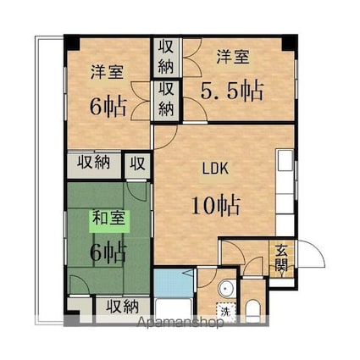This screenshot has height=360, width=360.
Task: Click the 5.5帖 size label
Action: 232,91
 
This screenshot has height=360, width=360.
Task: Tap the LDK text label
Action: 215,169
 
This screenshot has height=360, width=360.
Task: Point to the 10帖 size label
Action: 216,205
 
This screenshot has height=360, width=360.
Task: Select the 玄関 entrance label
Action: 281,258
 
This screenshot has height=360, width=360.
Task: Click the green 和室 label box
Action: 109,221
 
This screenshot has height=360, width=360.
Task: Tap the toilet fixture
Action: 253,311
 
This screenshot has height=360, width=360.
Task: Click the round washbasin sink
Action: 226,289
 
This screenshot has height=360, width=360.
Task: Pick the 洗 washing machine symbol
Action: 226,313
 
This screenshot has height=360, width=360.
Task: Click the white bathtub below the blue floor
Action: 174,310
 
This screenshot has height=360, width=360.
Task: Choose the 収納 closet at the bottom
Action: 122,306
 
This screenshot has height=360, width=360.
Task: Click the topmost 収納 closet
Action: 166,57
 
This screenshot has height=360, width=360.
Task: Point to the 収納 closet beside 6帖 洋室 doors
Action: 166,100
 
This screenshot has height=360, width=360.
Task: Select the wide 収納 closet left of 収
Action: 94,164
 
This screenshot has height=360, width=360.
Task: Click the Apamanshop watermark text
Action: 180,322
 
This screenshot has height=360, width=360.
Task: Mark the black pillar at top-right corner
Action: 290,43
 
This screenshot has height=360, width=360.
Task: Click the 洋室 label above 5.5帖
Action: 233,58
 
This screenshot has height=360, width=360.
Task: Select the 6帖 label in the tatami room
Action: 108,251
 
